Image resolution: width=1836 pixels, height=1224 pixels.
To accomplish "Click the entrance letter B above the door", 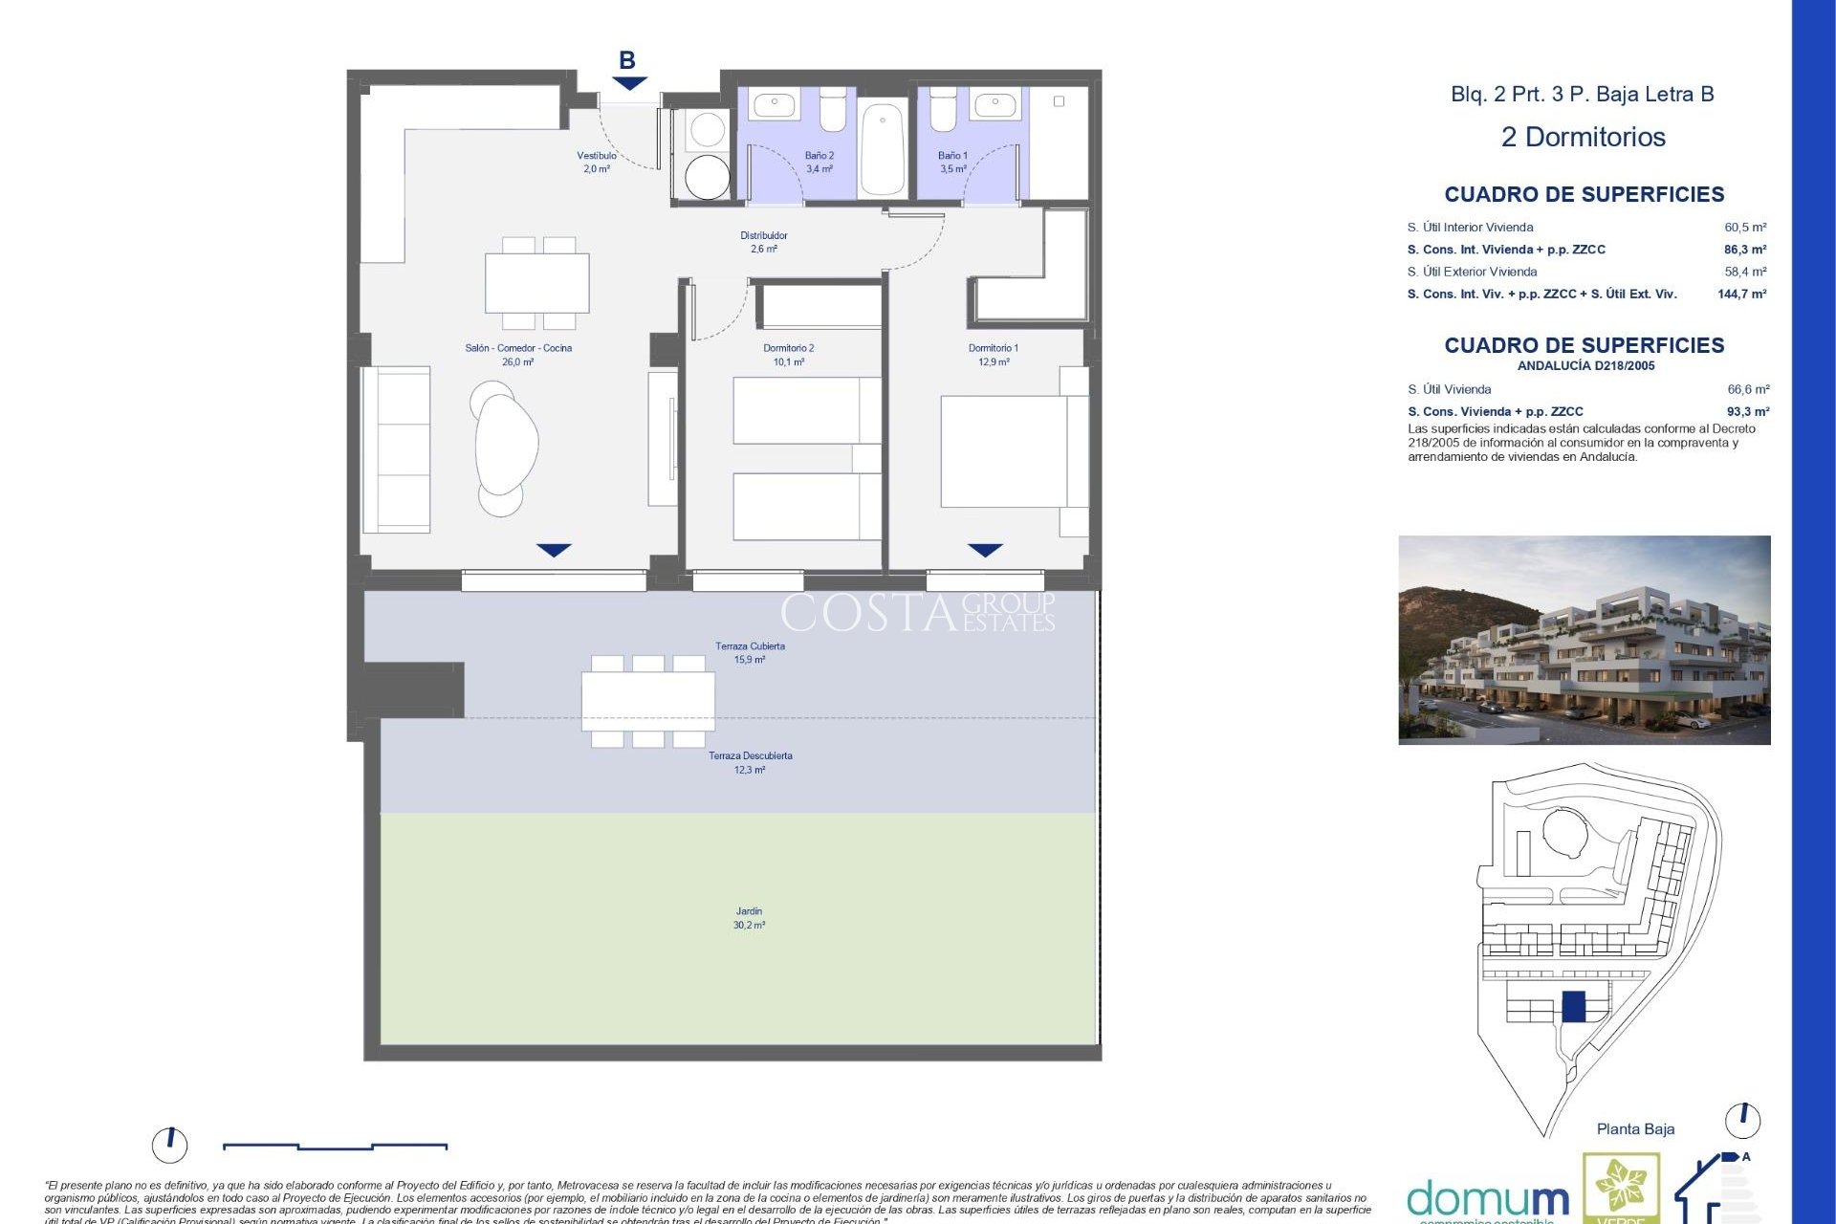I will (627, 60).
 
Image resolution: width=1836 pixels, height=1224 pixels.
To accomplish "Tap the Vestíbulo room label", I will (597, 162).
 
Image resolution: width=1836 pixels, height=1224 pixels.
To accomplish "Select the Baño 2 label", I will (819, 162).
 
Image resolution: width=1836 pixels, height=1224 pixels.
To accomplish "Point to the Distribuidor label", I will (763, 242).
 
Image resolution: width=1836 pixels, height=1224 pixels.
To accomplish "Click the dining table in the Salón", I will (536, 283).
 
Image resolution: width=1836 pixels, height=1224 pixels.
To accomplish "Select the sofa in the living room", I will (396, 449).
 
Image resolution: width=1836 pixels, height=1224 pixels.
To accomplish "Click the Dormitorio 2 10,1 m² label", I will (788, 355).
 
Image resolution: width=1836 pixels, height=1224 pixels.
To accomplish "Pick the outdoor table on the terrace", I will (648, 701).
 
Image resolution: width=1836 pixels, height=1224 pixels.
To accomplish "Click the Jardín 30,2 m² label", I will (749, 918).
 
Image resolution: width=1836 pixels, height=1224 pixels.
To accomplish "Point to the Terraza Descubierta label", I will (750, 762).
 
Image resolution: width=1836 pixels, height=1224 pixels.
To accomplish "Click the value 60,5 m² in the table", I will (1745, 228).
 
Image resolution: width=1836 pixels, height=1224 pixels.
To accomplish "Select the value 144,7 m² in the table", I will (1741, 295).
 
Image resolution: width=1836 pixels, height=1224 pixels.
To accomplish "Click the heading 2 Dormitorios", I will (1583, 137).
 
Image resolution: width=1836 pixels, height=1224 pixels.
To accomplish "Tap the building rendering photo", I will (1584, 640).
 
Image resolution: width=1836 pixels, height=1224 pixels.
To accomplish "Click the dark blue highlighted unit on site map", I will (1573, 1006).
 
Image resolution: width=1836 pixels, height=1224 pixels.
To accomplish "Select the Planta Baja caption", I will (1635, 1129).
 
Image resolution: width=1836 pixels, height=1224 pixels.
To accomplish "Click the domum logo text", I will (1487, 1199).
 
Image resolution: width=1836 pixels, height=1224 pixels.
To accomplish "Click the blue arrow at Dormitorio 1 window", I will (985, 550).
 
